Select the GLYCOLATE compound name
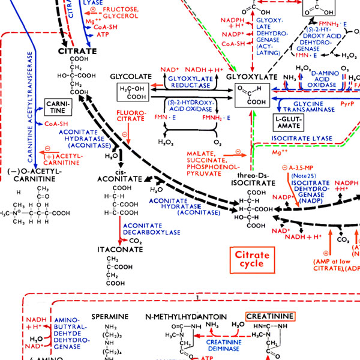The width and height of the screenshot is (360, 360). tap(130, 77)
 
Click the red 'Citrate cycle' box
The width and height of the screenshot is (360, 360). tap(251, 259)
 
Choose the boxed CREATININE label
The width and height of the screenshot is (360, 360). tap(270, 316)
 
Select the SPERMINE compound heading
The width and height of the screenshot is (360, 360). tap(110, 316)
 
